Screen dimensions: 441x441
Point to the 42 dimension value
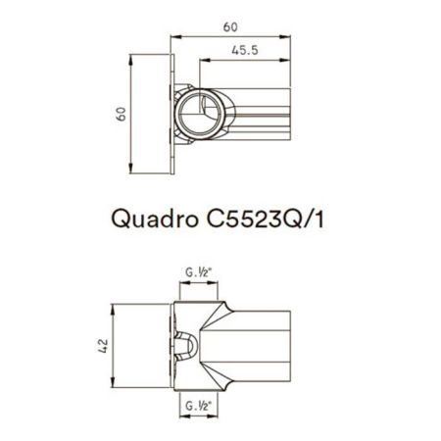pos(103,344)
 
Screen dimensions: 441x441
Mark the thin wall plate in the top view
pos(173,114)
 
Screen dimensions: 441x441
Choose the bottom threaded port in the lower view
pos(200,389)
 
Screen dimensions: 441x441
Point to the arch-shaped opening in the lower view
pos(189,345)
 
